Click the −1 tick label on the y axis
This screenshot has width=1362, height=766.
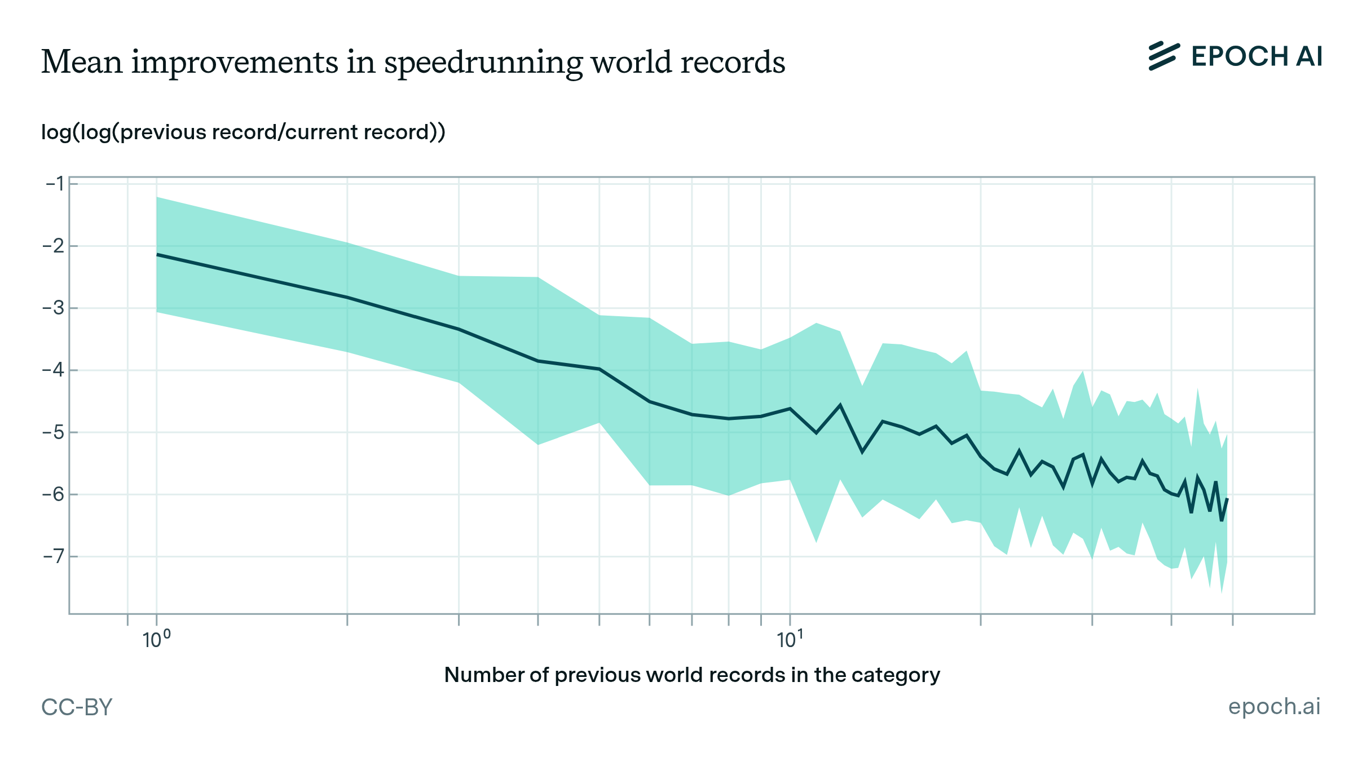tap(54, 184)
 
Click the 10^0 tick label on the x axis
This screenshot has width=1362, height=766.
tap(156, 640)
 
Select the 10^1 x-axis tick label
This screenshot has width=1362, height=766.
tap(790, 640)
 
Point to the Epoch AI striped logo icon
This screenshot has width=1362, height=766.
tap(1164, 56)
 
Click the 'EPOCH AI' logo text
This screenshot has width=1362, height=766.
tap(1257, 56)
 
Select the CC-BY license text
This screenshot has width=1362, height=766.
tap(77, 707)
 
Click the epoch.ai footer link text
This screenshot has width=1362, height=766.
tap(1274, 706)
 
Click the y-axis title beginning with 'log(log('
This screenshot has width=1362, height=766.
tap(243, 132)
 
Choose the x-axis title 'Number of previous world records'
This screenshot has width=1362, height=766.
tap(692, 675)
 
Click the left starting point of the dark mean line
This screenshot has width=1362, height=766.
tap(157, 255)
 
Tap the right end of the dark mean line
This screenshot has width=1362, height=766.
tap(1227, 499)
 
